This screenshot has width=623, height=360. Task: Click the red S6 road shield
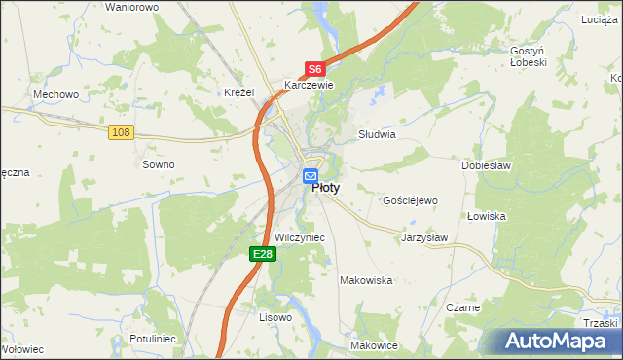point(313,69)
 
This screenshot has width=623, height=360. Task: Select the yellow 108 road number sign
point(121,132)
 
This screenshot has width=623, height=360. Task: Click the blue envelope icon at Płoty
point(311,176)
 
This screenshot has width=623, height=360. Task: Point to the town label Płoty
point(325,190)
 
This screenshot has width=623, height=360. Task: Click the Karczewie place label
point(309,85)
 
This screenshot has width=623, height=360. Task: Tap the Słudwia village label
point(377,135)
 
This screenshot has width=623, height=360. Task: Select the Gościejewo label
point(412,199)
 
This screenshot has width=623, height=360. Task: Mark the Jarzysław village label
point(424,236)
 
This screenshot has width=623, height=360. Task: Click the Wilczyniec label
point(300,237)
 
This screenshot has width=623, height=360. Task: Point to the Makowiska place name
point(365,280)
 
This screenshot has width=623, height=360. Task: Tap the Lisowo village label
point(275,317)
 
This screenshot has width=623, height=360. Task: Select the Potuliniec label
point(151,339)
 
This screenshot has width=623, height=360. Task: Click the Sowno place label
point(159,164)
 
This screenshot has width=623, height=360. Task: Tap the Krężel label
point(238,91)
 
